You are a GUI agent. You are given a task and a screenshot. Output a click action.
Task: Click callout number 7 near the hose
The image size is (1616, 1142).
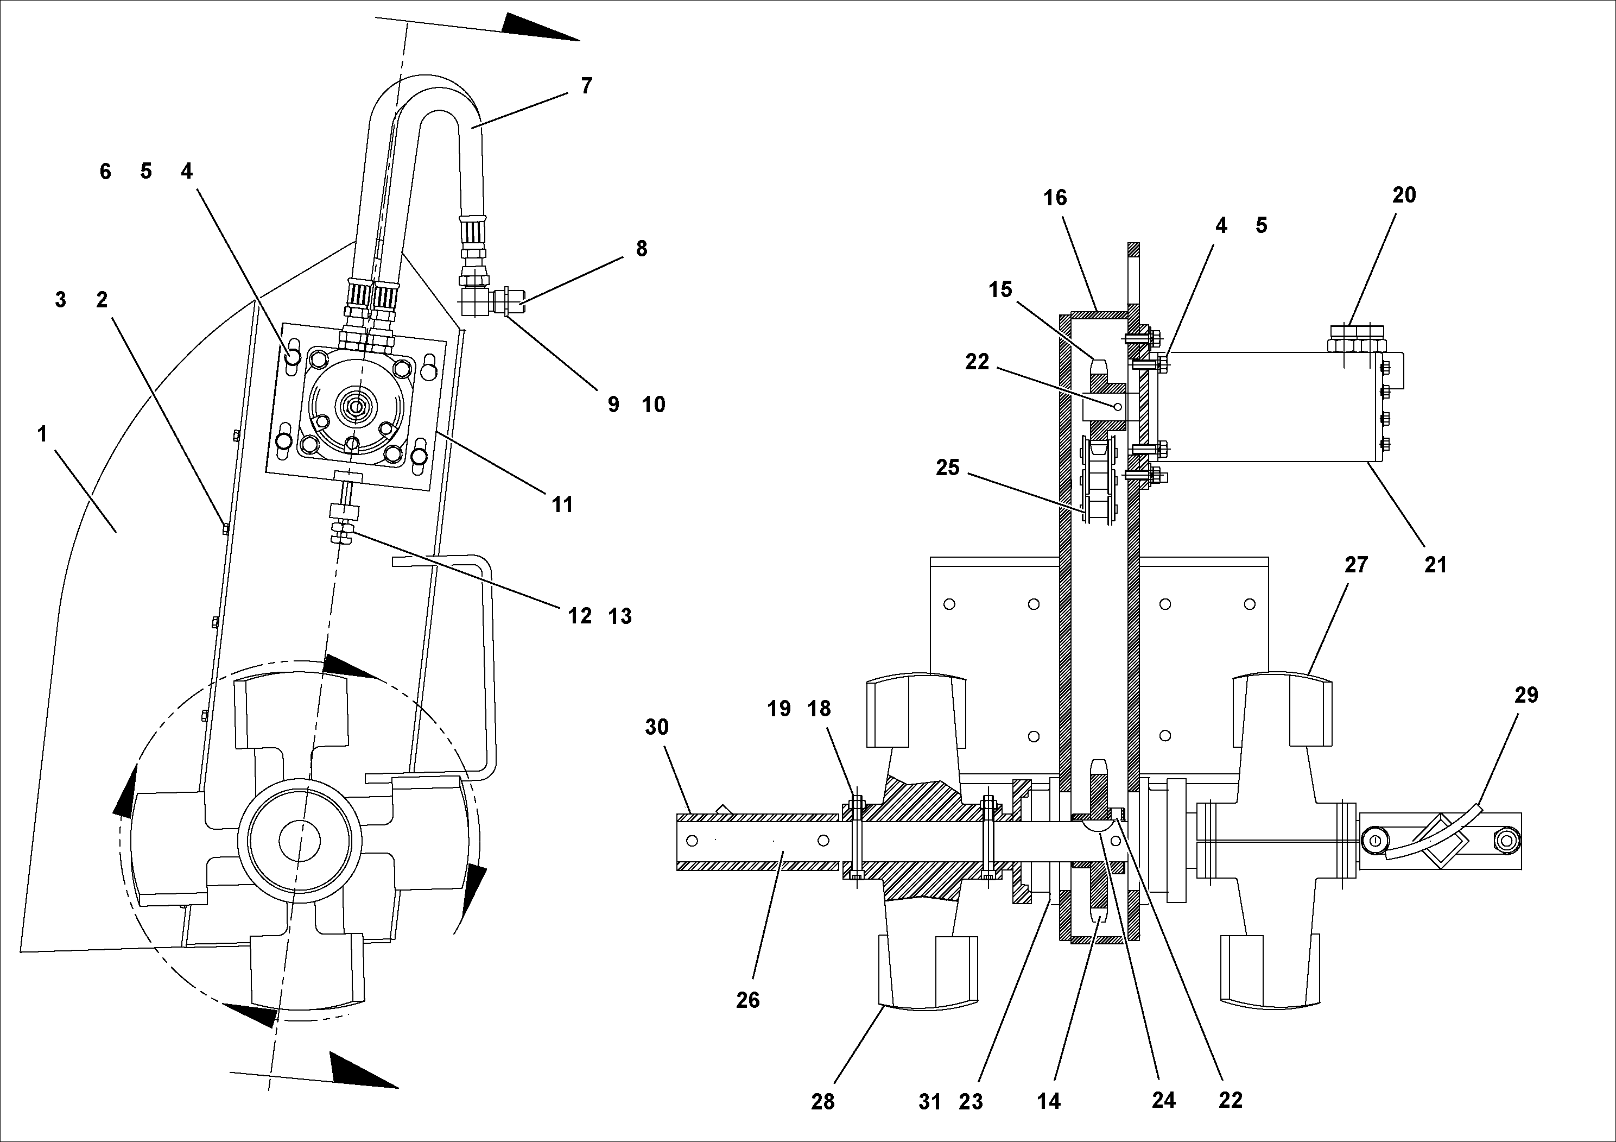(x=586, y=86)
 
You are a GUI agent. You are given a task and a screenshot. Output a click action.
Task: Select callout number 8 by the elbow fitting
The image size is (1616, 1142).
(x=641, y=249)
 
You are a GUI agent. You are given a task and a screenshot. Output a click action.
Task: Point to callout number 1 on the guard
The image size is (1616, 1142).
(x=42, y=434)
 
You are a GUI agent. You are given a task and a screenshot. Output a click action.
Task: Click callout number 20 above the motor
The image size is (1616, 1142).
(x=1403, y=195)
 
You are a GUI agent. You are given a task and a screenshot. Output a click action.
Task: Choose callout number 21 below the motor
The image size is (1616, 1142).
(x=1435, y=564)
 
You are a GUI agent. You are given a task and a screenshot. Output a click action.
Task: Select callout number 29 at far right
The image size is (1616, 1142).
(x=1526, y=695)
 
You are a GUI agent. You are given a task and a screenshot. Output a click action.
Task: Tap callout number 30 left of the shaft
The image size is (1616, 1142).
(x=656, y=727)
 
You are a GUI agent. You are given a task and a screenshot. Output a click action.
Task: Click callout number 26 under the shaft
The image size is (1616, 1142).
(x=747, y=1000)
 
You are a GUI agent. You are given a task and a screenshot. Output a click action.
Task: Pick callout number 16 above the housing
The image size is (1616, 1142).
(x=1054, y=198)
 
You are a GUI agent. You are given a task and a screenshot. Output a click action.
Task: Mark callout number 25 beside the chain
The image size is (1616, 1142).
(x=947, y=468)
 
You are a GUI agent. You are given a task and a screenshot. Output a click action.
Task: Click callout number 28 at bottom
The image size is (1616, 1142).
(x=822, y=1101)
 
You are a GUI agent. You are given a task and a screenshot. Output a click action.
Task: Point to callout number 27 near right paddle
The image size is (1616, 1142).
(x=1355, y=564)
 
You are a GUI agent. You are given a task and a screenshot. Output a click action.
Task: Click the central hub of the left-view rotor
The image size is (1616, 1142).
(x=300, y=839)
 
